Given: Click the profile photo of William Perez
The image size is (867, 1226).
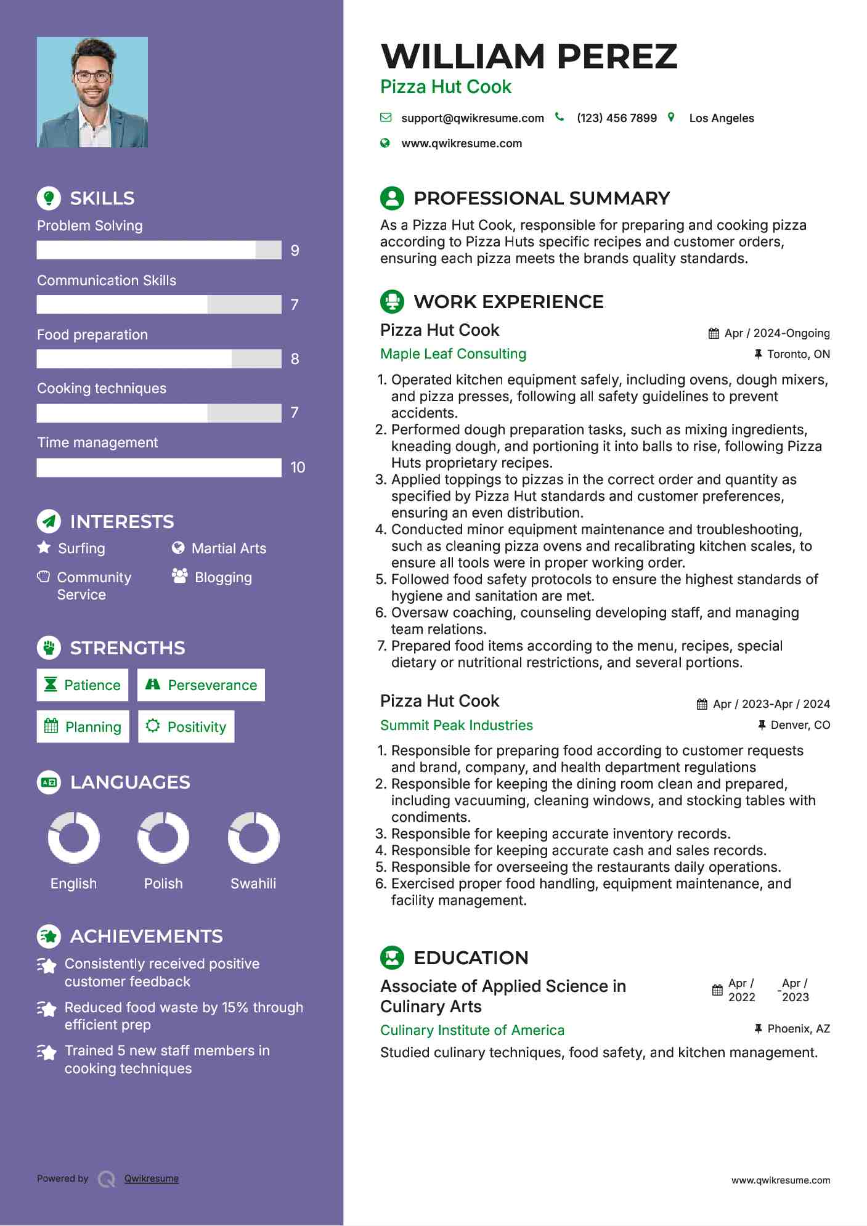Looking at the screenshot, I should click(x=92, y=92).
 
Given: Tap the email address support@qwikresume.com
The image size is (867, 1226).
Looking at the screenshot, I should click(x=473, y=118).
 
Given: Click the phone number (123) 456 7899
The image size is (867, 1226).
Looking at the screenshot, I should click(x=617, y=118).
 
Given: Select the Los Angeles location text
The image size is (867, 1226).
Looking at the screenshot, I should click(x=722, y=118).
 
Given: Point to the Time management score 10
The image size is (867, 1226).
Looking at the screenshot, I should click(x=298, y=468).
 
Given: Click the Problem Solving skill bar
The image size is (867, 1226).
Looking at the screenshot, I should click(x=159, y=250).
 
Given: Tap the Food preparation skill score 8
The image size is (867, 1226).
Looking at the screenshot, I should click(x=295, y=359).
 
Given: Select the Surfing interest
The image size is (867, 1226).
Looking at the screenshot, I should click(x=81, y=548).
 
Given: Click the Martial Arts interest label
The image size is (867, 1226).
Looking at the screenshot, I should click(x=229, y=548).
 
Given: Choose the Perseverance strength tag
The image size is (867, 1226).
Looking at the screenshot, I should click(x=201, y=685).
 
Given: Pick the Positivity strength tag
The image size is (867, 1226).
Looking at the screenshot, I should click(x=186, y=727).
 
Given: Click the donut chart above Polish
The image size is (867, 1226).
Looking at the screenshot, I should click(x=163, y=838).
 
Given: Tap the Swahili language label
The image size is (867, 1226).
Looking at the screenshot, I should click(x=253, y=883).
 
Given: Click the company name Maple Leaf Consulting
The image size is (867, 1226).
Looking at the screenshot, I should click(x=453, y=354).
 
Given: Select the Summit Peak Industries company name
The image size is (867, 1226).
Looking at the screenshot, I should click(x=456, y=725).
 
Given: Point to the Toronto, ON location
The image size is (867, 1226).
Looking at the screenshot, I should click(x=798, y=354).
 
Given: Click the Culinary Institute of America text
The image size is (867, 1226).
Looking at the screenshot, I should click(x=472, y=1030).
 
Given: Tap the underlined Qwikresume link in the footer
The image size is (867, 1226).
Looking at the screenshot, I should click(x=152, y=1179).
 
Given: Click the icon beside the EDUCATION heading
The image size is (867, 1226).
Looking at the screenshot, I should click(x=393, y=957).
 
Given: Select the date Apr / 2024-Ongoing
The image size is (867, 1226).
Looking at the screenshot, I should click(x=776, y=333).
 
